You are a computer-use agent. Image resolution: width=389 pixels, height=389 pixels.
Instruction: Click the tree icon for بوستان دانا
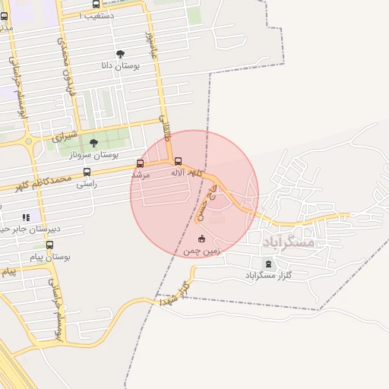click(120, 54)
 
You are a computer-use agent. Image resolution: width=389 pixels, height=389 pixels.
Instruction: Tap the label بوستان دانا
click(120, 66)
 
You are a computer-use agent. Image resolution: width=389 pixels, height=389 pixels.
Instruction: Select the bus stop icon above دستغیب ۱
click(96, 4)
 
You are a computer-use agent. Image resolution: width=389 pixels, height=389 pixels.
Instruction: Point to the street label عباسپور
click(150, 44)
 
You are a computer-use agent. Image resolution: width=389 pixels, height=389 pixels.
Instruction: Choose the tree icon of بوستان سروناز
click(93, 143)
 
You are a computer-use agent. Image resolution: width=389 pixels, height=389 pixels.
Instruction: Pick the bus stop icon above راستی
click(87, 172)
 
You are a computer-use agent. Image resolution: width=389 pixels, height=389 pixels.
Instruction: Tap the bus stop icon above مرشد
click(140, 163)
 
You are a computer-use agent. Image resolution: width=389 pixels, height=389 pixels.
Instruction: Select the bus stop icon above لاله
click(178, 161)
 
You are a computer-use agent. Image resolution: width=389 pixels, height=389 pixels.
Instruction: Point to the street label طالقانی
click(164, 129)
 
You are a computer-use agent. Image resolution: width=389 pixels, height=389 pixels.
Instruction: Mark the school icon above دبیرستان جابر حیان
click(27, 217)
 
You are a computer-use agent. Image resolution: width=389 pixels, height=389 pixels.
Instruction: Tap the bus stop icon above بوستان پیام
click(49, 245)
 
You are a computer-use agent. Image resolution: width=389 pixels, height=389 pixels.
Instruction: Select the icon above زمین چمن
click(201, 239)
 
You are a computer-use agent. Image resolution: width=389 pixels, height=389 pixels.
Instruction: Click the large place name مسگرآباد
click(289, 242)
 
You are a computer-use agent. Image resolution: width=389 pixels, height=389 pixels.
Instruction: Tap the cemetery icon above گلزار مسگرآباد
click(267, 264)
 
